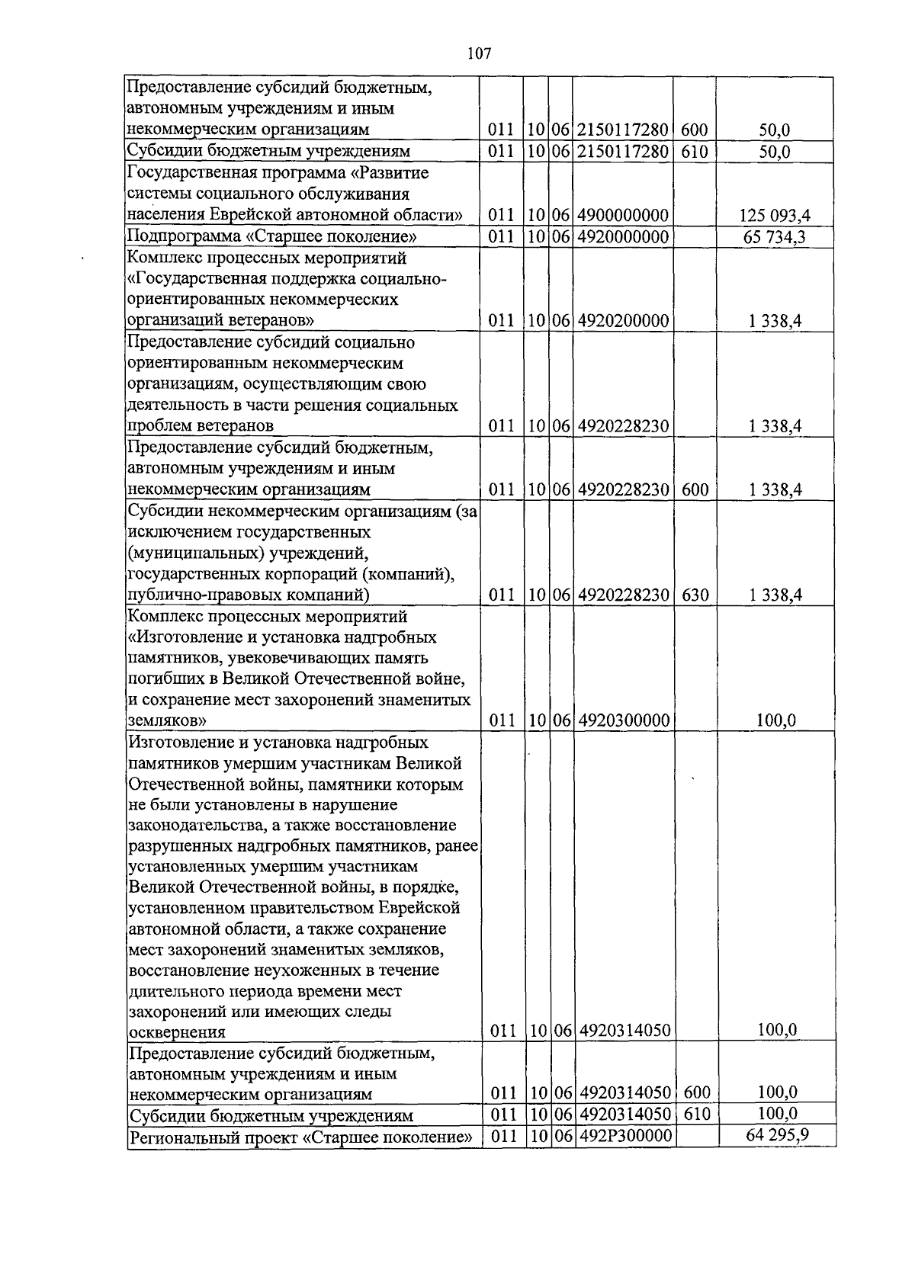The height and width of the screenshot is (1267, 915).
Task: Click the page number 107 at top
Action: pyautogui.click(x=478, y=53)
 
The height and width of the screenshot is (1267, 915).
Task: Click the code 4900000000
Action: pyautogui.click(x=623, y=216)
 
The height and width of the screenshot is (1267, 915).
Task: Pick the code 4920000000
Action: pyautogui.click(x=623, y=237)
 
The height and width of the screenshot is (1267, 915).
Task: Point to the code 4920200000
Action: pyautogui.click(x=623, y=321)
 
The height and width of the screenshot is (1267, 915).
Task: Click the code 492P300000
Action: pyautogui.click(x=623, y=1137)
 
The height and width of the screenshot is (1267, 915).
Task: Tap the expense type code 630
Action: pyautogui.click(x=695, y=595)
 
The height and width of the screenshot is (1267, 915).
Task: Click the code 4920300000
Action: pyautogui.click(x=623, y=720)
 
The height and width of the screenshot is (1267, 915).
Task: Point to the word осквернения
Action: pyautogui.click(x=178, y=1033)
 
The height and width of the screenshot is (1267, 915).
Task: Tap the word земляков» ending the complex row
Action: pyautogui.click(x=166, y=720)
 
